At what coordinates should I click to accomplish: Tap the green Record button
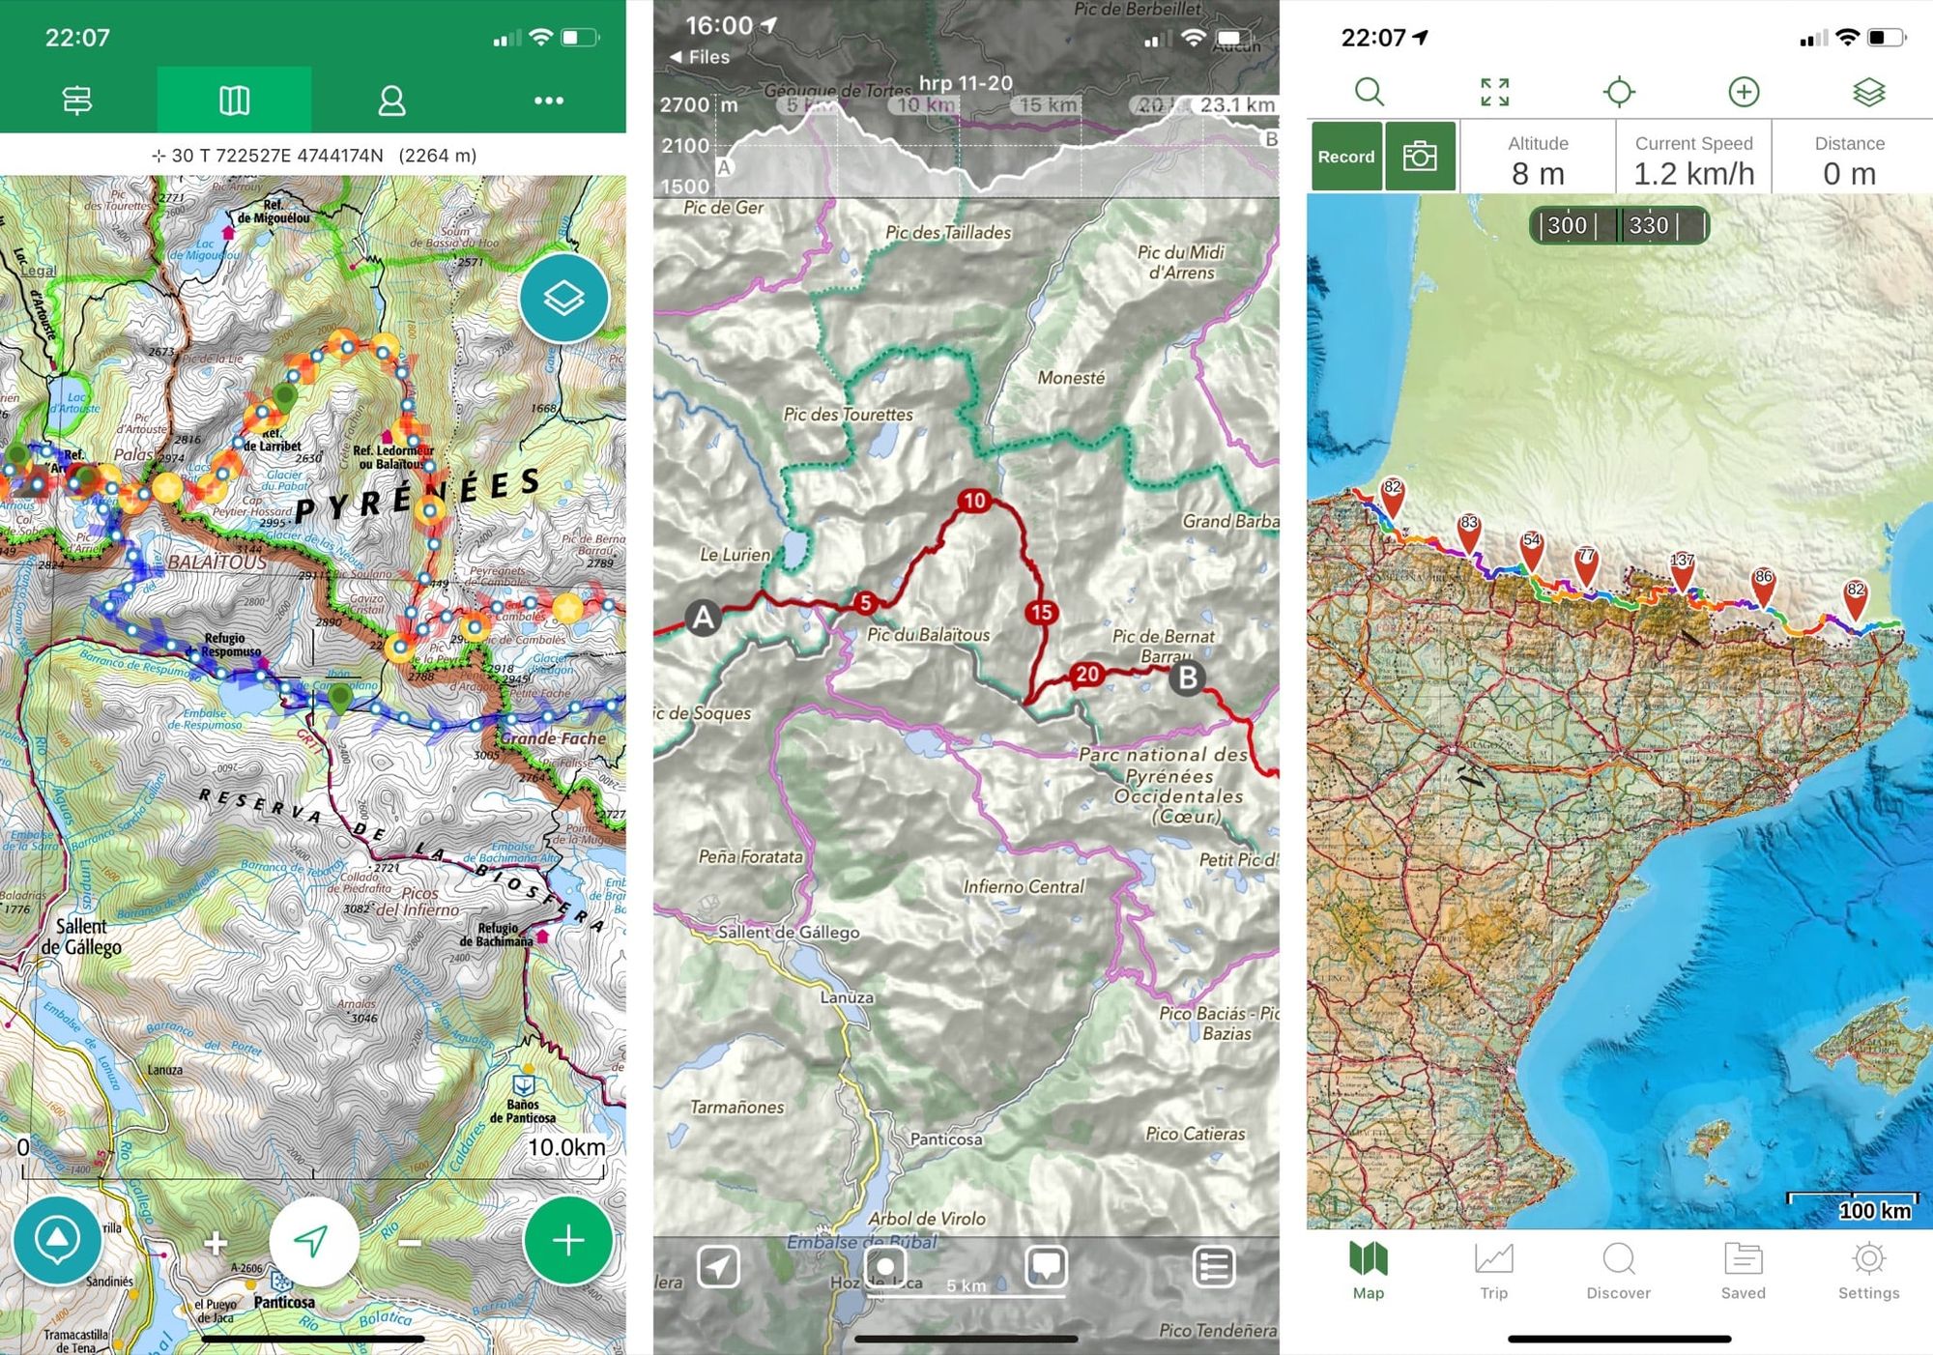(1345, 157)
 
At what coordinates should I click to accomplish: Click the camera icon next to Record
(1419, 157)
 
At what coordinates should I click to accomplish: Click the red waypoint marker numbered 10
(974, 501)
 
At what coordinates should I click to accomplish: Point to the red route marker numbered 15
(1041, 612)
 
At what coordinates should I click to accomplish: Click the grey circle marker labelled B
(1187, 677)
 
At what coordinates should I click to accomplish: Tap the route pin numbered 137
(1682, 568)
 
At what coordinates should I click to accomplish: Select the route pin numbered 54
(1532, 547)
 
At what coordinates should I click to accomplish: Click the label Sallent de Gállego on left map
(82, 936)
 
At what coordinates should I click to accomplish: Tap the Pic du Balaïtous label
(928, 635)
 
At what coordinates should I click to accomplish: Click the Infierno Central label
(1024, 886)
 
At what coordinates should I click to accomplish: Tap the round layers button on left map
(563, 298)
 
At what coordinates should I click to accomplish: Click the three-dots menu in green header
(548, 101)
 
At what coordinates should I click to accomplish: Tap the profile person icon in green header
(391, 101)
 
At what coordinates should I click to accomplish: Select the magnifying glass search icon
(1369, 93)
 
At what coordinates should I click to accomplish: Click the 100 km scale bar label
(1873, 1211)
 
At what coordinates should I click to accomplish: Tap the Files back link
(700, 57)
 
